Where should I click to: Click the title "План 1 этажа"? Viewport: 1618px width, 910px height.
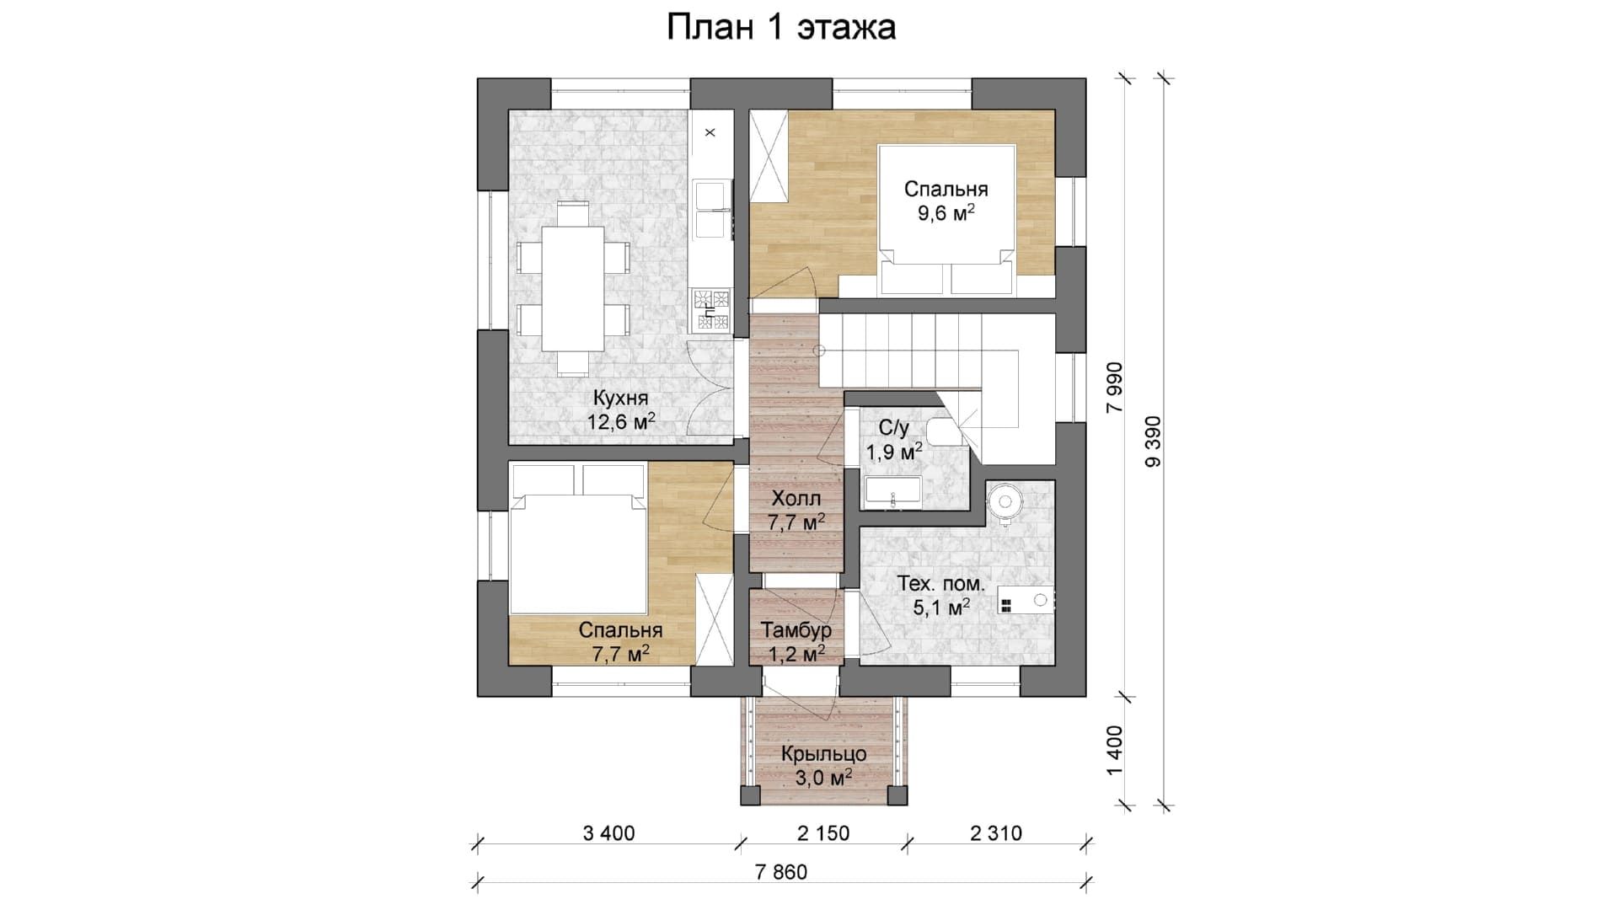(780, 28)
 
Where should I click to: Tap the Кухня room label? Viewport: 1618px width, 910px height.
(620, 398)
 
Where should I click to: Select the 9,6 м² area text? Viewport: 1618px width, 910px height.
(946, 212)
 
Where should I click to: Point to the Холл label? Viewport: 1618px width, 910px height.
(796, 499)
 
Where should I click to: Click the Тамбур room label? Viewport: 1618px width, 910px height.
(796, 629)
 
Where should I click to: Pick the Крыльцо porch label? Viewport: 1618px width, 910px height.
(823, 753)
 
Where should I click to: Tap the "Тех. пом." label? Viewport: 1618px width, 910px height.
(940, 583)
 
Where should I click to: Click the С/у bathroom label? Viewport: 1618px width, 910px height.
(893, 428)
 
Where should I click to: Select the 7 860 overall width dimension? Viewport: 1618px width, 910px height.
(781, 872)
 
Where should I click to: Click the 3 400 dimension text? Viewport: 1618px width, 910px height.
(608, 833)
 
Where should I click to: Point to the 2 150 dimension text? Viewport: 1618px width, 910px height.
(823, 833)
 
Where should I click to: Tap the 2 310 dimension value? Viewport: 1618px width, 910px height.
(996, 833)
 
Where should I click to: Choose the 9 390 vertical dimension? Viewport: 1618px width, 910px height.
(1153, 442)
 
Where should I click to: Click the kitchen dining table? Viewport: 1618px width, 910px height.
(572, 288)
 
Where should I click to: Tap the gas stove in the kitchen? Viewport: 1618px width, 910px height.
(711, 309)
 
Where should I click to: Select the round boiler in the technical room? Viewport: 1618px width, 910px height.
(1005, 502)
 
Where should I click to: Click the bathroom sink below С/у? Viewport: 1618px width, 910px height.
(892, 491)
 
